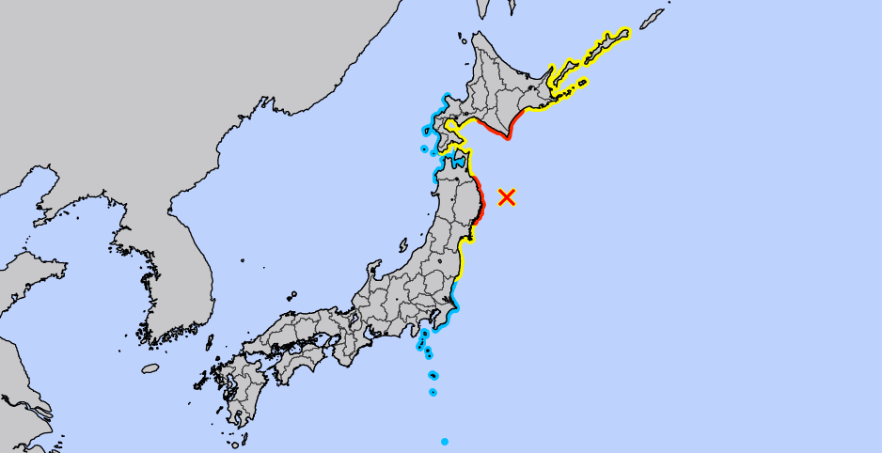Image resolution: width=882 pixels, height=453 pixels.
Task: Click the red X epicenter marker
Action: [507, 196]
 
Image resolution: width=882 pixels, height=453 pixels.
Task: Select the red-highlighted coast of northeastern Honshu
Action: [479, 200]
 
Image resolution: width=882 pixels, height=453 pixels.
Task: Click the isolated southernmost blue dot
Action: [445, 441]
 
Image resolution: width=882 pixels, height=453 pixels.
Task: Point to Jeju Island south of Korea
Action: [150, 368]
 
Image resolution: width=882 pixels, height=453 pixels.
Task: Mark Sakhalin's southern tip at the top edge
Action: [483, 9]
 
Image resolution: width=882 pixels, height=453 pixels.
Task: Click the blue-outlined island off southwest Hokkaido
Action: [424, 148]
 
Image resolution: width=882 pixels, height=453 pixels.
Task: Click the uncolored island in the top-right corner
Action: [653, 19]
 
